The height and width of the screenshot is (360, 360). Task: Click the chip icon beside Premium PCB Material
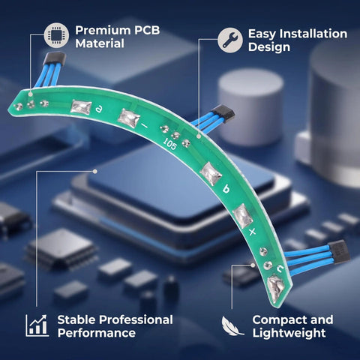pyautogui.click(x=56, y=35)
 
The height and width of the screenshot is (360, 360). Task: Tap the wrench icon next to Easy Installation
pyautogui.click(x=229, y=40)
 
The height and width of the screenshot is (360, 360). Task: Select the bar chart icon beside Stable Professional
pyautogui.click(x=37, y=325)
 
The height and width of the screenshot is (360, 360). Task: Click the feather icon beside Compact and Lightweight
pyautogui.click(x=232, y=325)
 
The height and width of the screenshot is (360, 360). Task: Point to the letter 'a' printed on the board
pyautogui.click(x=99, y=109)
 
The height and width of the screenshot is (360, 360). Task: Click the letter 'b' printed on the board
pyautogui.click(x=226, y=188)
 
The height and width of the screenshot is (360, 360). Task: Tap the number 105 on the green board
pyautogui.click(x=169, y=144)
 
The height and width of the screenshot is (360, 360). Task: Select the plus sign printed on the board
pyautogui.click(x=253, y=232)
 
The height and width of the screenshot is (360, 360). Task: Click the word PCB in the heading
pyautogui.click(x=147, y=30)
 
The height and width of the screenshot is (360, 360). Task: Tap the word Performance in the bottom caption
pyautogui.click(x=97, y=333)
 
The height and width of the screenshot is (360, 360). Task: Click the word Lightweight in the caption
pyautogui.click(x=289, y=333)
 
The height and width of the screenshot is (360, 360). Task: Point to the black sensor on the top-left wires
pyautogui.click(x=55, y=58)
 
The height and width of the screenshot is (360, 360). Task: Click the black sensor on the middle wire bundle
pyautogui.click(x=223, y=114)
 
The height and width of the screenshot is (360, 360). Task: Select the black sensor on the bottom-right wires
pyautogui.click(x=339, y=252)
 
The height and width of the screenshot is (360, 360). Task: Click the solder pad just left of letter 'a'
pyautogui.click(x=81, y=107)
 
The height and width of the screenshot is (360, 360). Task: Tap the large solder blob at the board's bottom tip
pyautogui.click(x=276, y=288)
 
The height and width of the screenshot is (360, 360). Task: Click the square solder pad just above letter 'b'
pyautogui.click(x=211, y=174)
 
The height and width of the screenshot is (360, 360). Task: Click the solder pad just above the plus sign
pyautogui.click(x=242, y=216)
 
